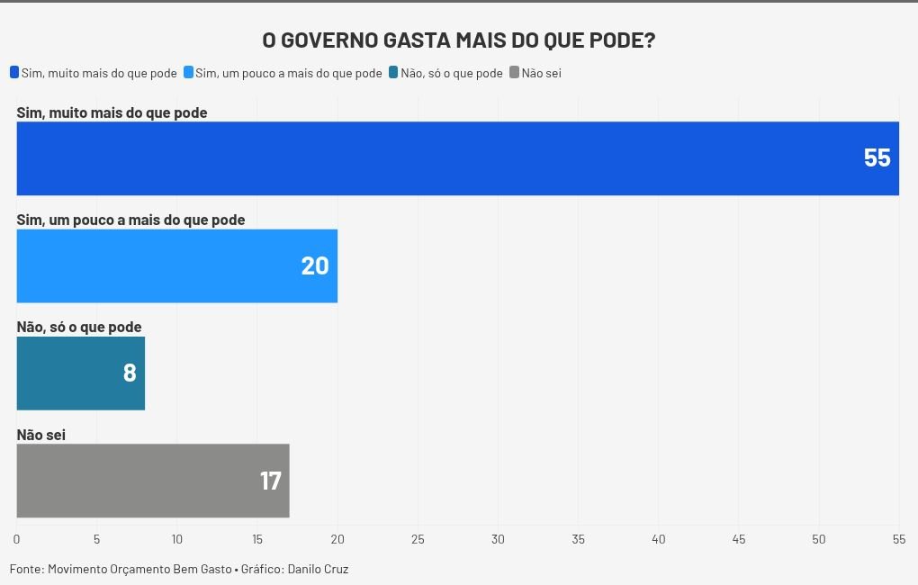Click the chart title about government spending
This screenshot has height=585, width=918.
point(458,41)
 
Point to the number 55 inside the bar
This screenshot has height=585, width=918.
point(877,158)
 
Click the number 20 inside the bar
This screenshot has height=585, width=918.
point(315,266)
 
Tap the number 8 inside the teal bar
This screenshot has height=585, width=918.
point(130,373)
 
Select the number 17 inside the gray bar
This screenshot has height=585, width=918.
point(271,481)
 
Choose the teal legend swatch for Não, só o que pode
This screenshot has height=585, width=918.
point(393,73)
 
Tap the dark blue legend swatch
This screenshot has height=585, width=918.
point(14,73)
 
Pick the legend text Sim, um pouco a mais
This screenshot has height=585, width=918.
point(288,73)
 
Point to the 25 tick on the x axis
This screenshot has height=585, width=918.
point(418,539)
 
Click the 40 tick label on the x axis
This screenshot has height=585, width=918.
point(659,539)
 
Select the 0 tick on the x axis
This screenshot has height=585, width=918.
point(16,539)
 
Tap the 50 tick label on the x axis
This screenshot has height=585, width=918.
point(819,539)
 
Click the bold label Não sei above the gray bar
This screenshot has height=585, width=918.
point(41,435)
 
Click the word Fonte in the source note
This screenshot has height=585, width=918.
point(26,569)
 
